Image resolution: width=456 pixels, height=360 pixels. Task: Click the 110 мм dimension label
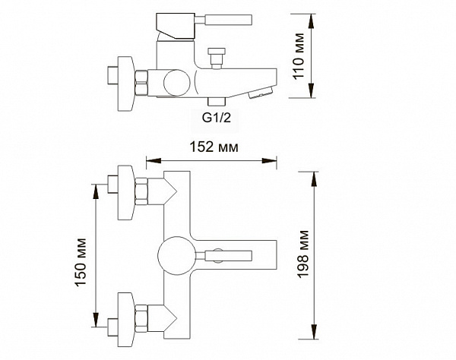tap(299, 56)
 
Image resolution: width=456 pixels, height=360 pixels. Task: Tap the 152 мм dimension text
tap(214, 147)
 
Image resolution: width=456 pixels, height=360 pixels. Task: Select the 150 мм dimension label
tap(81, 262)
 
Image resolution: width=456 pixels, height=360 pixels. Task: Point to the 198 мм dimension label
tap(302, 254)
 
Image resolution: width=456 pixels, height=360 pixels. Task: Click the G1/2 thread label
tap(217, 118)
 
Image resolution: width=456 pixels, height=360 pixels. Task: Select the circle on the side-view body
tap(177, 83)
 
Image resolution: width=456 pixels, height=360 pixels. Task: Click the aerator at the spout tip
tap(261, 93)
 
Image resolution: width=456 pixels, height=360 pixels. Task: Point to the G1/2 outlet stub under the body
tap(217, 102)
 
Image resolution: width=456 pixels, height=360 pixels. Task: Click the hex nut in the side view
tap(141, 83)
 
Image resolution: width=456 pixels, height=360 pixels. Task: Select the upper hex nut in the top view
tap(141, 191)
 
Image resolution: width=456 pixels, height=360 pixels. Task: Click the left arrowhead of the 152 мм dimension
tap(154, 160)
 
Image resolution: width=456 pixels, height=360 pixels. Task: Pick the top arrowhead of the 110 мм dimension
tap(311, 21)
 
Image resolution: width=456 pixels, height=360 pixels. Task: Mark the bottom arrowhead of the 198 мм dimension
tap(314, 332)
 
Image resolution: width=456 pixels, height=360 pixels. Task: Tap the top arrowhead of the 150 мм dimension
tap(96, 191)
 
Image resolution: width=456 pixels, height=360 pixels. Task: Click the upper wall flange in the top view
tap(125, 192)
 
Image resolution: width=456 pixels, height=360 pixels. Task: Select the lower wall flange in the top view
tap(125, 319)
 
